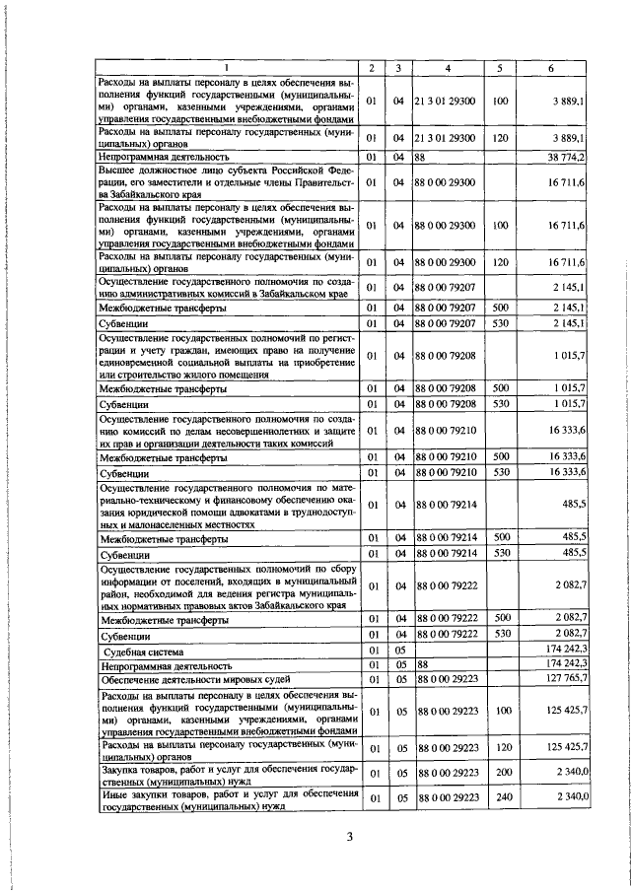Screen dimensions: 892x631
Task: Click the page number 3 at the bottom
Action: click(x=350, y=838)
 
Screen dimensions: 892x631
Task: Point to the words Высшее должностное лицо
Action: click(x=158, y=170)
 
